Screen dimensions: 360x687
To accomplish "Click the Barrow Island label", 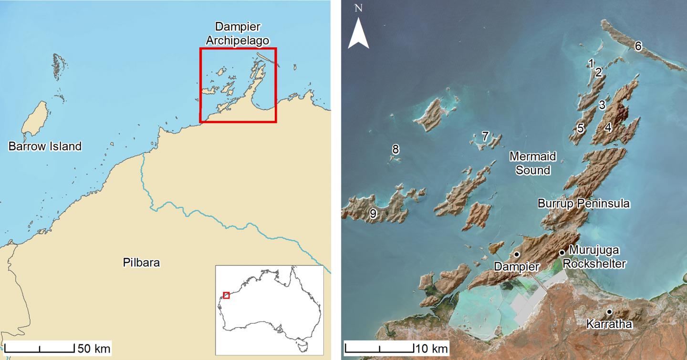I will (x=45, y=146).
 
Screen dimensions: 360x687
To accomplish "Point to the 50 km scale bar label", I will (x=94, y=349).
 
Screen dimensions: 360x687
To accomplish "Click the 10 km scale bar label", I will (x=432, y=347).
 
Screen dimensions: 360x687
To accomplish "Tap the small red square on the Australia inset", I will (x=226, y=295).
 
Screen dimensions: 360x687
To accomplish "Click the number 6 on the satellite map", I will (x=638, y=46).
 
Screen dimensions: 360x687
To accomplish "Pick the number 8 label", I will (x=395, y=149).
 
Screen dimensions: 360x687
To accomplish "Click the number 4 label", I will (x=608, y=127).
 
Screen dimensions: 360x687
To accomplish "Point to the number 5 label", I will (x=580, y=128).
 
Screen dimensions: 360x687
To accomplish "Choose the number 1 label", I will (x=591, y=63).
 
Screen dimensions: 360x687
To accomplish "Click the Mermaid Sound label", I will (x=532, y=163).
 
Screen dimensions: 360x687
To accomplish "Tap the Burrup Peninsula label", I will (x=584, y=204).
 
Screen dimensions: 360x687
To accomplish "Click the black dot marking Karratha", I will (x=609, y=312).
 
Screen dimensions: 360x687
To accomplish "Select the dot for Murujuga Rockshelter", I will (x=562, y=252).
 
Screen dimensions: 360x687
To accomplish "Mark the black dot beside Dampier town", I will (x=517, y=255).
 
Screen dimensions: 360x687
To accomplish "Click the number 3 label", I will (x=602, y=104).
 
